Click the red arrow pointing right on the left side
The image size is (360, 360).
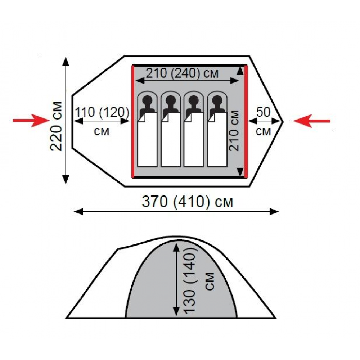pos(31,121)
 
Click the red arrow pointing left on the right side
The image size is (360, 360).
pos(312,121)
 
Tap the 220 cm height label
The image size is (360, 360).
pos(56,126)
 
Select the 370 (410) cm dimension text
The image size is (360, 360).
pos(187,202)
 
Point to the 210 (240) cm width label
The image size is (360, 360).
pos(182,73)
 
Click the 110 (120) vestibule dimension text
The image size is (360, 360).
pos(102,112)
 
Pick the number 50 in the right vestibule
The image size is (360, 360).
pos(264,112)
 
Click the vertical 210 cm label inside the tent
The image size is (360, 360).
pos(234,131)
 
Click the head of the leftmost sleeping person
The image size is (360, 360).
pos(147,100)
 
